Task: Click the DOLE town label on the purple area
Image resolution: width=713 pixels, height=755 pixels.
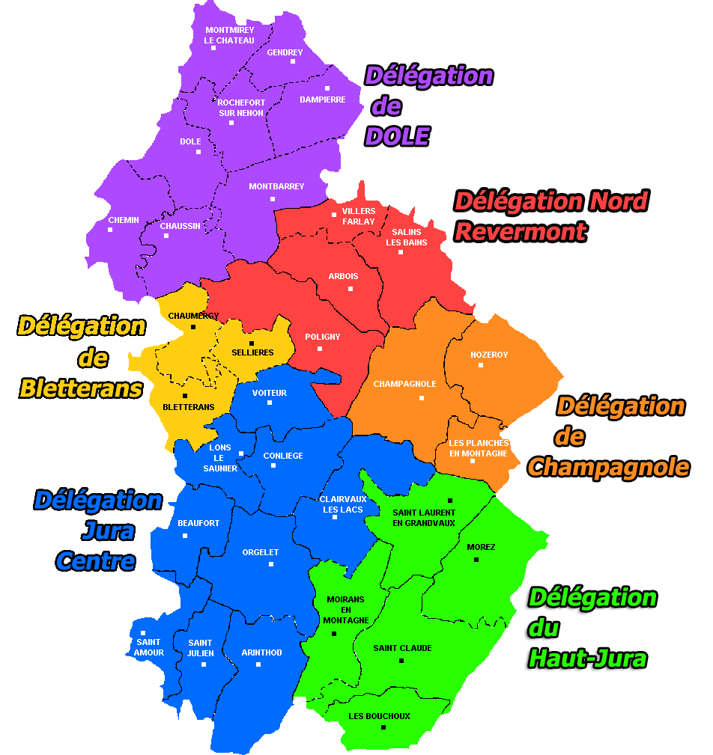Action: (190, 141)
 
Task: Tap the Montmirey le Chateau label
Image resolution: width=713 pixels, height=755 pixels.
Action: (229, 35)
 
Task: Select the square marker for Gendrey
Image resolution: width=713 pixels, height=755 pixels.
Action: (293, 61)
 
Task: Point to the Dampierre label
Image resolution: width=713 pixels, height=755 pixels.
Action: (322, 100)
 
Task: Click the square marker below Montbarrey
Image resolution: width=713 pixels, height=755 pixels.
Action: (273, 199)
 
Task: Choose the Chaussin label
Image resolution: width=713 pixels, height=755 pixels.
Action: (180, 226)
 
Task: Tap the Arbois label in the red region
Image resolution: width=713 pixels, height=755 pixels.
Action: (343, 277)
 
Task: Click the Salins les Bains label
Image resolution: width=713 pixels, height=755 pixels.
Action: (406, 237)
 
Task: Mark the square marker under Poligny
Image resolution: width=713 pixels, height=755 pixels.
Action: (320, 349)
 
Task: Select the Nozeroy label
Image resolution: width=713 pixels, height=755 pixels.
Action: (489, 355)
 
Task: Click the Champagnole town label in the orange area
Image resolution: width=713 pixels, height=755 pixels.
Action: (404, 384)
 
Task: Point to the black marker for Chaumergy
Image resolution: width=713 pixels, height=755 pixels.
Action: (193, 327)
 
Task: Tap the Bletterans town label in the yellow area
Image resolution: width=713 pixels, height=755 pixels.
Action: (189, 407)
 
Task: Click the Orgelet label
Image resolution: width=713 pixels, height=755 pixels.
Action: (261, 553)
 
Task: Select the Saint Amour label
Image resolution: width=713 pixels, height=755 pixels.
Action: (149, 647)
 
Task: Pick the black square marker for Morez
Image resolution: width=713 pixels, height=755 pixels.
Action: (476, 559)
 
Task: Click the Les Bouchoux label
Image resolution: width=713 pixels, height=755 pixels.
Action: (379, 716)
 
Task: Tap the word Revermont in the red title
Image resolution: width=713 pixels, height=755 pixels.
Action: (521, 231)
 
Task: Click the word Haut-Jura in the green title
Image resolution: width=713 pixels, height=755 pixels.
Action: (588, 658)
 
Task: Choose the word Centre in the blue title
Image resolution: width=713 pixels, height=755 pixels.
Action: (96, 561)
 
